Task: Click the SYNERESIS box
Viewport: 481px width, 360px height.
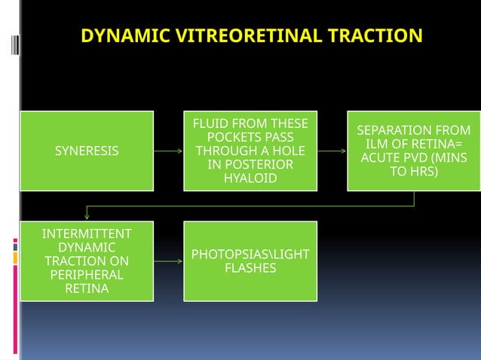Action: [x=87, y=151]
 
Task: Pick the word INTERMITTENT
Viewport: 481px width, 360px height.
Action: [x=87, y=233]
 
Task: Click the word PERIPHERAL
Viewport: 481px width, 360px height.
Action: [x=87, y=275]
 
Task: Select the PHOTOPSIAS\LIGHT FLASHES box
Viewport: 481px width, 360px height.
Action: [x=250, y=261]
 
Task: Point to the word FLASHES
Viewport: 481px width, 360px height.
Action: [x=250, y=268]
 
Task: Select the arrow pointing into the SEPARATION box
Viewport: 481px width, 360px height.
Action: [x=332, y=151]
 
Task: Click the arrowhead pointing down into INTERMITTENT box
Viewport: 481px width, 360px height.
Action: [x=87, y=217]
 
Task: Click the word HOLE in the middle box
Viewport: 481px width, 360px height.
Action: [x=287, y=151]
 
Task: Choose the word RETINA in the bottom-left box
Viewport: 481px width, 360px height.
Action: [x=87, y=288]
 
